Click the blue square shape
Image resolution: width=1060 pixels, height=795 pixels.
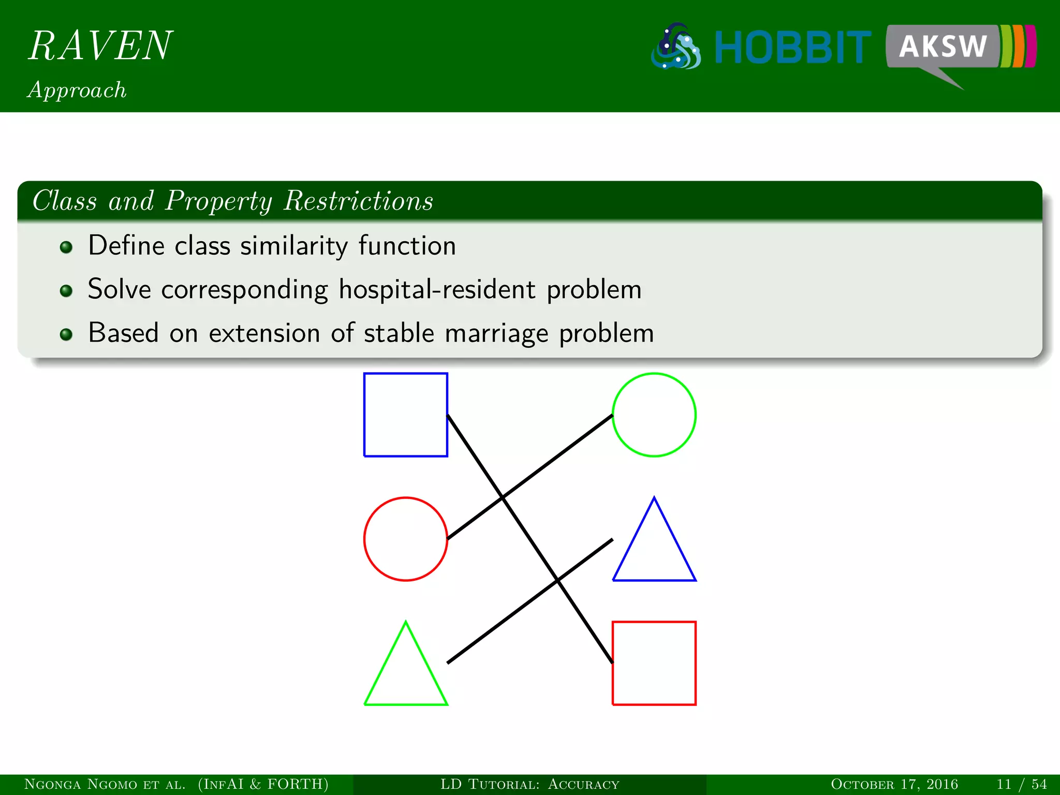[405, 415]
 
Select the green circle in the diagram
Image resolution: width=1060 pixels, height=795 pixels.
[654, 415]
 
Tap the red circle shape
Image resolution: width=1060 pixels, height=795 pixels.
[405, 539]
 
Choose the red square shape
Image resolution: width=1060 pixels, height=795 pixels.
[654, 663]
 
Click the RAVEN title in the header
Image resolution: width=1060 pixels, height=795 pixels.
[100, 46]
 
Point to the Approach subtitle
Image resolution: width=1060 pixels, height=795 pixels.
[77, 90]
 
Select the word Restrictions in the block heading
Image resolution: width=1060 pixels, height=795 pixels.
[358, 201]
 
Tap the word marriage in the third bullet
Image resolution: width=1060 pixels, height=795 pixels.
[496, 333]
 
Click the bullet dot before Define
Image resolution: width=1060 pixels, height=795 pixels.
[66, 247]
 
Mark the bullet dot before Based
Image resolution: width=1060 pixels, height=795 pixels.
[66, 334]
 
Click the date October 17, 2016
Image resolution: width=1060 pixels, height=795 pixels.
[894, 784]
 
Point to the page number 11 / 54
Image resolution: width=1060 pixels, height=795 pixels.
[1021, 784]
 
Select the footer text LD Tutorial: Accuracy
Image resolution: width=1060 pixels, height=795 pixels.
[529, 784]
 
